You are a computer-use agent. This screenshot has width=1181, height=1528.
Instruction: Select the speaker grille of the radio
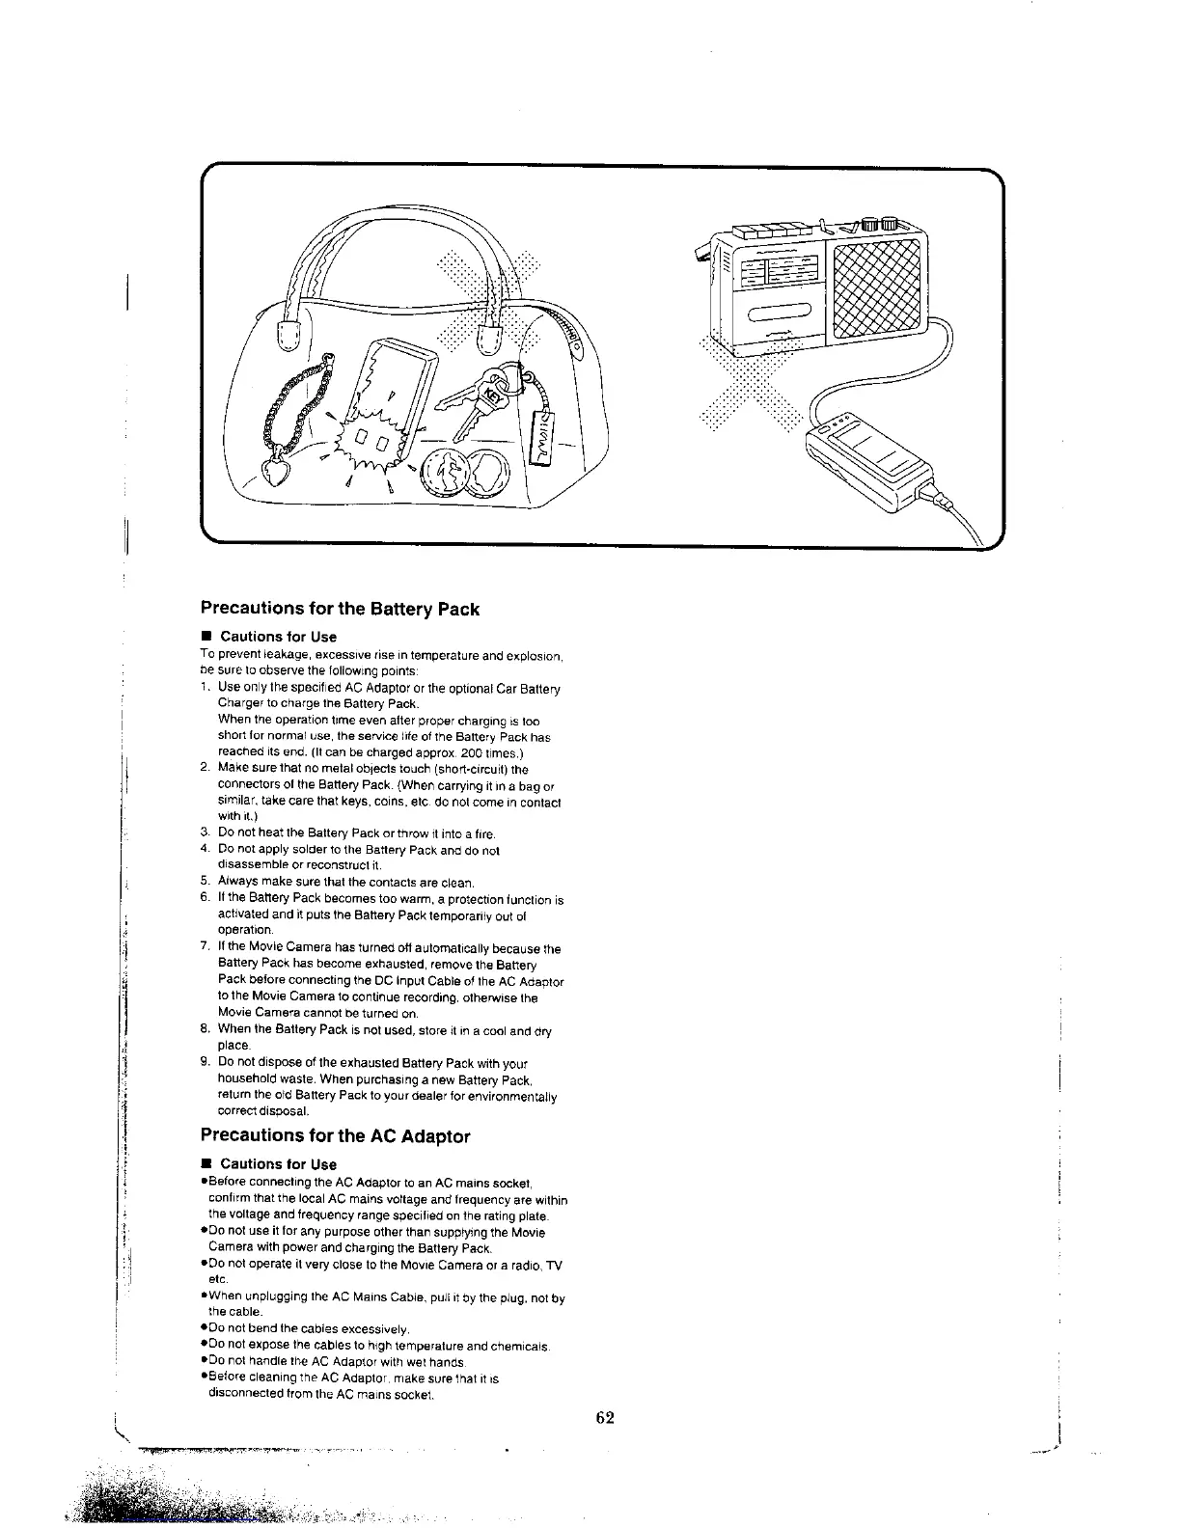[x=876, y=286]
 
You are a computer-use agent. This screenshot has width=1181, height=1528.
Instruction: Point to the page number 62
[x=605, y=1417]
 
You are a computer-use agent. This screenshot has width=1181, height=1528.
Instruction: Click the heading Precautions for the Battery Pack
[x=339, y=609]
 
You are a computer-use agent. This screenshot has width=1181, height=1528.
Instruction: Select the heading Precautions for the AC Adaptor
[x=335, y=1136]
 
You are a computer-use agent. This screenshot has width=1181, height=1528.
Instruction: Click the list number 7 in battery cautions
[x=205, y=949]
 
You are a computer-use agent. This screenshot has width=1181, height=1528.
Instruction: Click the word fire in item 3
[x=484, y=833]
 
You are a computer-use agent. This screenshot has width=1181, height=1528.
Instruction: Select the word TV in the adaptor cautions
[x=553, y=1265]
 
